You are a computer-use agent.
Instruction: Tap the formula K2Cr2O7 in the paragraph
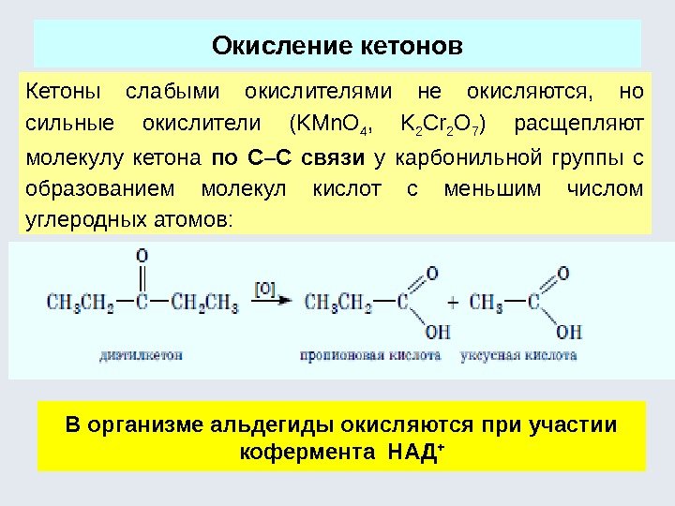pos(436,125)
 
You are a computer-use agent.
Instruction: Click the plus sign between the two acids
pos(453,304)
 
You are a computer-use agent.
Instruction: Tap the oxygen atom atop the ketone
pos(142,255)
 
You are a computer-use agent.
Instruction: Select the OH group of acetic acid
pos(569,332)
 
